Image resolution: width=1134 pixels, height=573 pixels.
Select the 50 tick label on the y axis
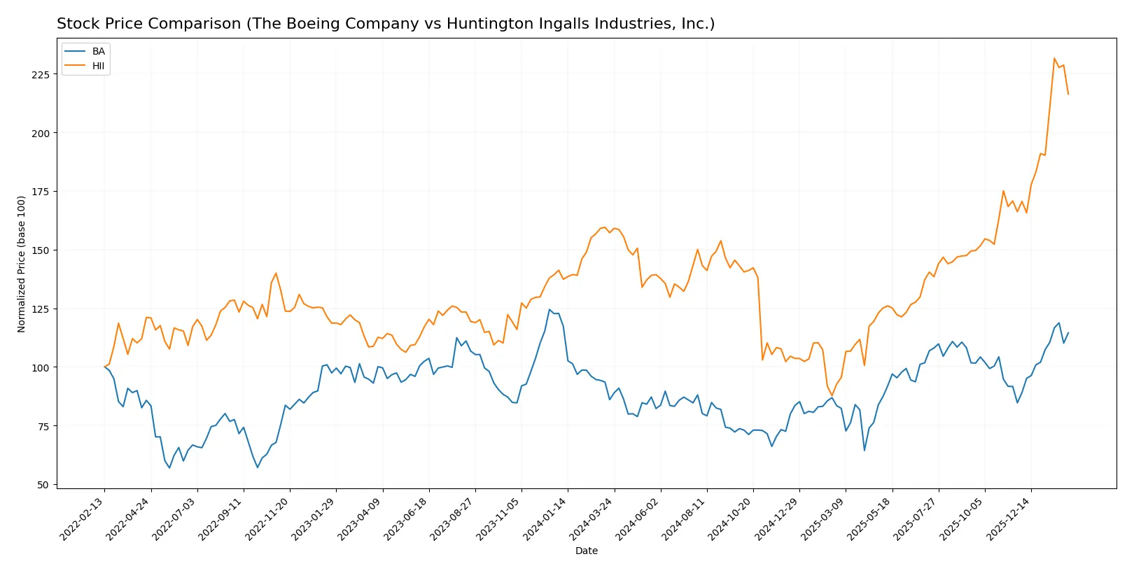[x=43, y=485]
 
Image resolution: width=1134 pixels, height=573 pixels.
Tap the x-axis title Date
[x=586, y=551]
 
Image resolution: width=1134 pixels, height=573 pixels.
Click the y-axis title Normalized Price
[x=21, y=264]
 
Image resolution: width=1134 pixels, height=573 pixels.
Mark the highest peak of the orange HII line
[x=1054, y=58]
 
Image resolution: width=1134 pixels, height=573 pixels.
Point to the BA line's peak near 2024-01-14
[x=549, y=309]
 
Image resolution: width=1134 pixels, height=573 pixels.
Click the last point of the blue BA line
[x=1068, y=333]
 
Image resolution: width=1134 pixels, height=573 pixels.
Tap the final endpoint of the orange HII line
[x=1068, y=94]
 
